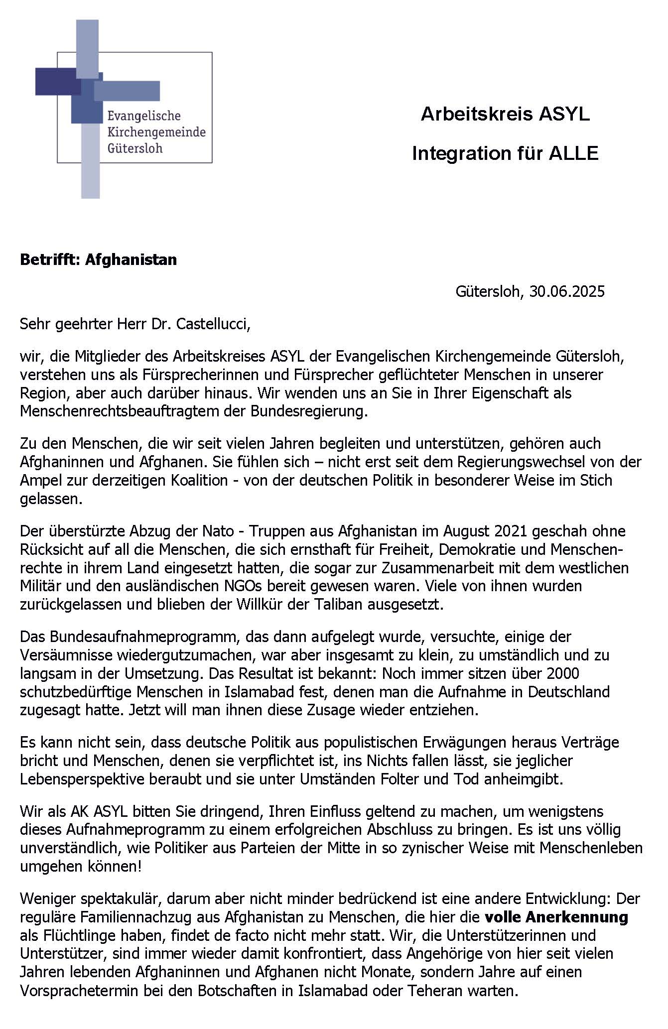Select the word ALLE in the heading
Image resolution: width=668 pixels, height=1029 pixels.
[x=573, y=153]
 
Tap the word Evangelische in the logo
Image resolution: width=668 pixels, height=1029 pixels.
[x=144, y=116]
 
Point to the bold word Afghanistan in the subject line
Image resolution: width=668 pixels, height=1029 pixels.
[x=131, y=259]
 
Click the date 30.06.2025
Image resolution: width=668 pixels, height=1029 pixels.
[x=567, y=291]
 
